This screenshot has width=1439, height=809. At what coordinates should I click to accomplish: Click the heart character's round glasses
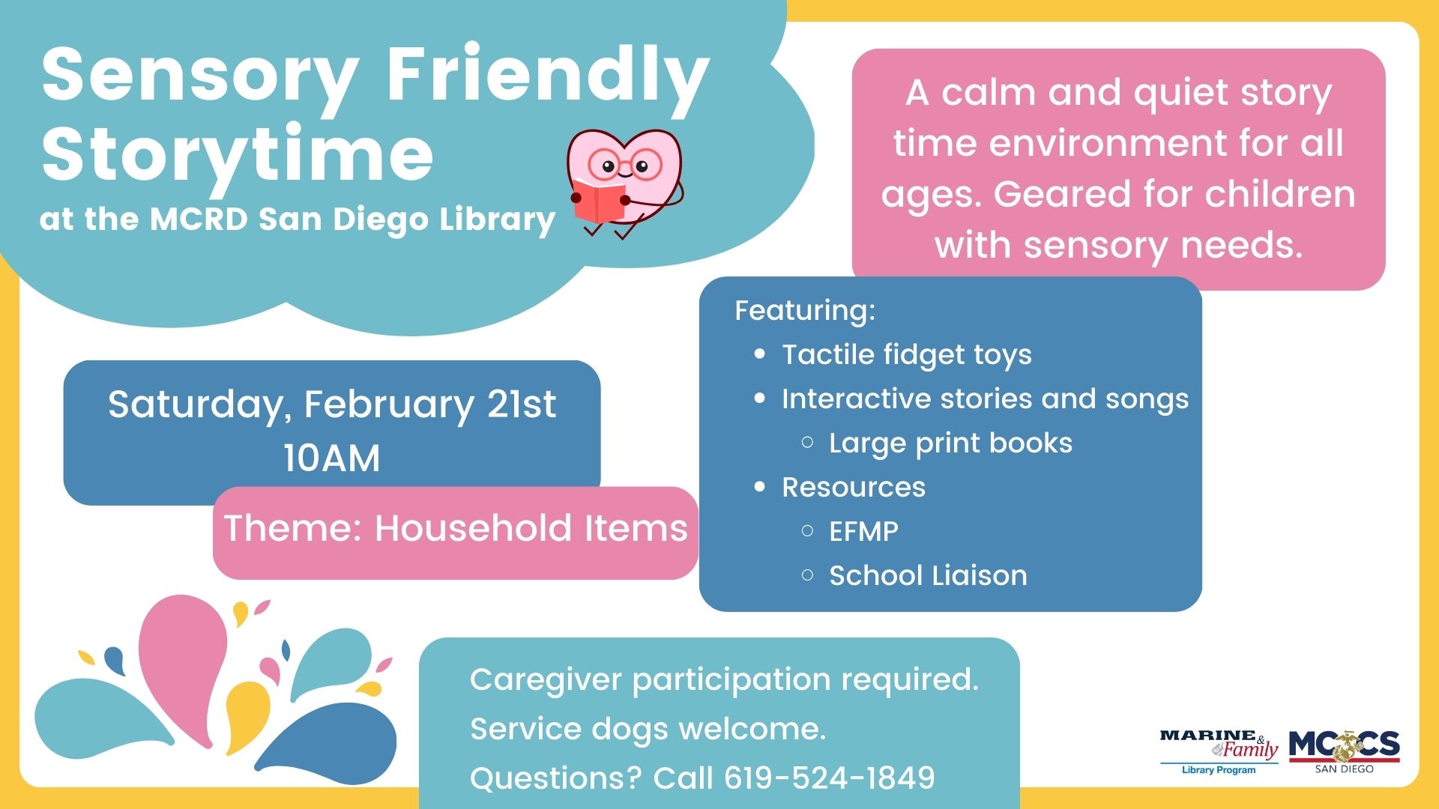(624, 164)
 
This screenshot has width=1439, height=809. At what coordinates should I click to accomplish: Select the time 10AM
(331, 458)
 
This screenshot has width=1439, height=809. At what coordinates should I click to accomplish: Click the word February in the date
(388, 404)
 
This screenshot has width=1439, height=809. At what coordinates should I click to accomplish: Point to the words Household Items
(531, 527)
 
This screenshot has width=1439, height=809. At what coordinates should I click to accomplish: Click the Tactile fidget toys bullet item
(906, 354)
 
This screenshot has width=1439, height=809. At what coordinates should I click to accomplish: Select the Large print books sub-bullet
(950, 443)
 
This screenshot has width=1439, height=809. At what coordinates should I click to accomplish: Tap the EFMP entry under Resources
(863, 531)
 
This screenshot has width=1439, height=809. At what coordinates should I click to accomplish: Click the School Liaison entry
(928, 575)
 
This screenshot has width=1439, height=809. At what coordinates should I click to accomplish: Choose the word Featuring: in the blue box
(805, 310)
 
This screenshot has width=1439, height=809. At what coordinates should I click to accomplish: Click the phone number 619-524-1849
(829, 778)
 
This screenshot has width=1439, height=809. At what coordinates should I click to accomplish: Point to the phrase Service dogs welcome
(648, 729)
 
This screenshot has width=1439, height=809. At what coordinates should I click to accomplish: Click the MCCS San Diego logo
(1344, 750)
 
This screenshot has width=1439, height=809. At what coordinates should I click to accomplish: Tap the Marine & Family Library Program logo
(1219, 750)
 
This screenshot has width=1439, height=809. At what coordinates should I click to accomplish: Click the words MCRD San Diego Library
(352, 219)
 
